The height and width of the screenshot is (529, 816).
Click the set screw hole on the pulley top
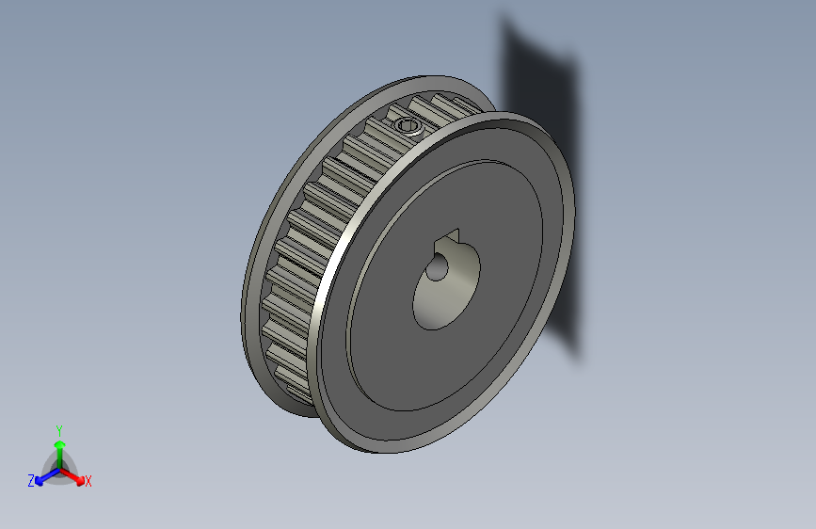pyautogui.click(x=408, y=126)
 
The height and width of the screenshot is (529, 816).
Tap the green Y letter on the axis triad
pyautogui.click(x=59, y=429)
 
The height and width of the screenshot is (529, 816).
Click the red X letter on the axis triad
pyautogui.click(x=88, y=481)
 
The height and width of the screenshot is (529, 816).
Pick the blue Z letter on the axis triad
pyautogui.click(x=31, y=481)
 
